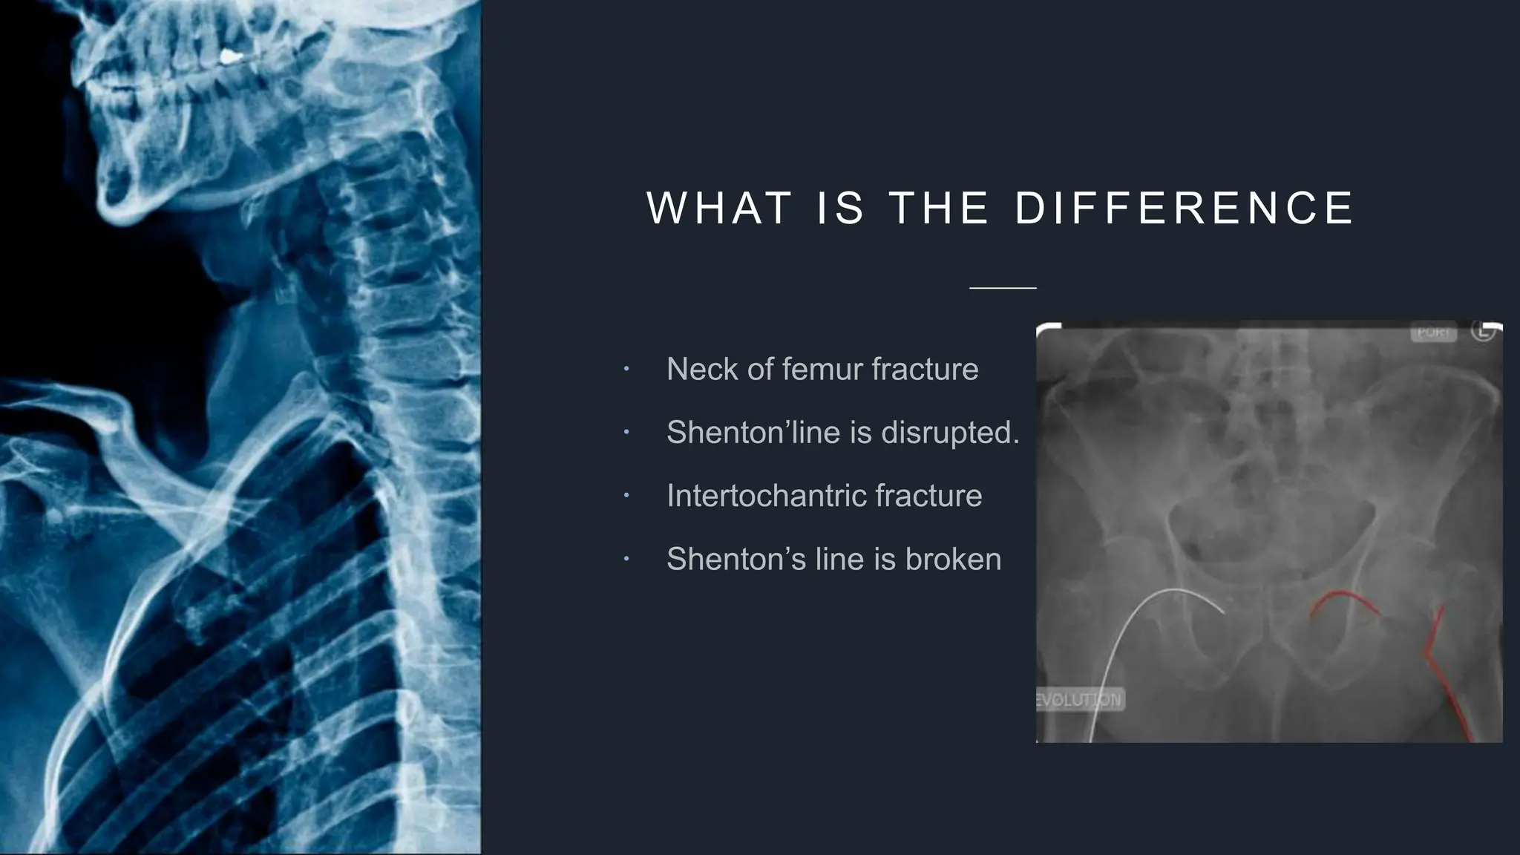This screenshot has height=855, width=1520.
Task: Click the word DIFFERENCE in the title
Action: click(1184, 208)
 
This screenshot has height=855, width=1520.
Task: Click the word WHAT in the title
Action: click(718, 208)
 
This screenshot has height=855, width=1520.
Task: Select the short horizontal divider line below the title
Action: click(1003, 287)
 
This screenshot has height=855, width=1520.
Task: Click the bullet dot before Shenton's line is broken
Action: click(626, 559)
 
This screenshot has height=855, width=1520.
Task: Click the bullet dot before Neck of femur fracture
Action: click(626, 369)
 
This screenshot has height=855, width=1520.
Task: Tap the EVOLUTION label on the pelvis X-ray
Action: click(1080, 700)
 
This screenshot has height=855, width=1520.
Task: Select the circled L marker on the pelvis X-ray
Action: click(1482, 331)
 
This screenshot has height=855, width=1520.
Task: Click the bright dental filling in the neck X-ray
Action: click(232, 56)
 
